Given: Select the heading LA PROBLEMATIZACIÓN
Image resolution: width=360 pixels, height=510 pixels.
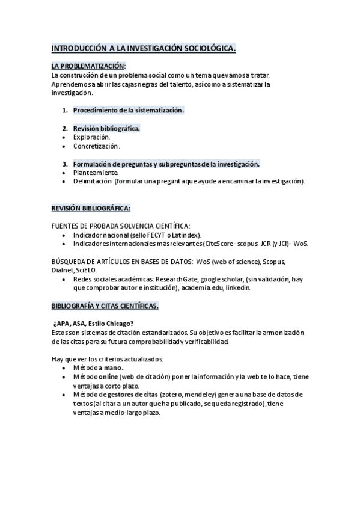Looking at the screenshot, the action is click(x=88, y=66).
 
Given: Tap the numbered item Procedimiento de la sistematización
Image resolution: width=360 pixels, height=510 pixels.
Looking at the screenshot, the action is click(x=128, y=110).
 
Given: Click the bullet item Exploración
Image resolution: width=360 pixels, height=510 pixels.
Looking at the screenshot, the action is click(x=91, y=137).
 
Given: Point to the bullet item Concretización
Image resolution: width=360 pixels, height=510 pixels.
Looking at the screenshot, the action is click(x=96, y=146).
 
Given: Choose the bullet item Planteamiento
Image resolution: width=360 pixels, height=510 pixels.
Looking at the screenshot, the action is click(x=96, y=173).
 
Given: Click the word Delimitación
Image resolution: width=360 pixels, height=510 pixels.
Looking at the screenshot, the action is click(x=93, y=181).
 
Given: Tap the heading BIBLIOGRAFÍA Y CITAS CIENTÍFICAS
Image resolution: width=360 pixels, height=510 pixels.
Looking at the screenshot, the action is click(x=105, y=306).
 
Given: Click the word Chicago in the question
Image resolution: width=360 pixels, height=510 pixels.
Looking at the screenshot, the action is click(x=118, y=324).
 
